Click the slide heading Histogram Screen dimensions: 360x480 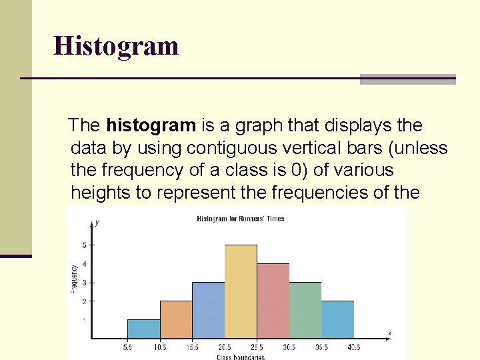(x=116, y=46)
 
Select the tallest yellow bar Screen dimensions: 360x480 (x=241, y=291)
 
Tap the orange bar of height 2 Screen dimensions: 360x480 (x=176, y=319)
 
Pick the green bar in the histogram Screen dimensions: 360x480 (x=305, y=310)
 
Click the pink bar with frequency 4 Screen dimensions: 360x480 (x=273, y=301)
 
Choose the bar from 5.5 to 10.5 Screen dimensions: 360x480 (x=144, y=329)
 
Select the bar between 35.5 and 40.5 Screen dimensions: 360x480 (x=337, y=319)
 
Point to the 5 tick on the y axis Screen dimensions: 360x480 (x=84, y=245)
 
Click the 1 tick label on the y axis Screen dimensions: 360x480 (x=84, y=320)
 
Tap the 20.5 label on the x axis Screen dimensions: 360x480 (x=225, y=347)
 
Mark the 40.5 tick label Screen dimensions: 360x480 (x=353, y=347)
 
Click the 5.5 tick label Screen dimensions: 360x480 (x=128, y=347)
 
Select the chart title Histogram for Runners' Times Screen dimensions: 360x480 (x=240, y=219)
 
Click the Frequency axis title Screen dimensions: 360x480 (x=74, y=278)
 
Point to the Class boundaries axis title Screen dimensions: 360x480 (x=240, y=357)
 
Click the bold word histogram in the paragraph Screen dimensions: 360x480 (x=151, y=125)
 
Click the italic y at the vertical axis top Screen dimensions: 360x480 (x=97, y=223)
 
